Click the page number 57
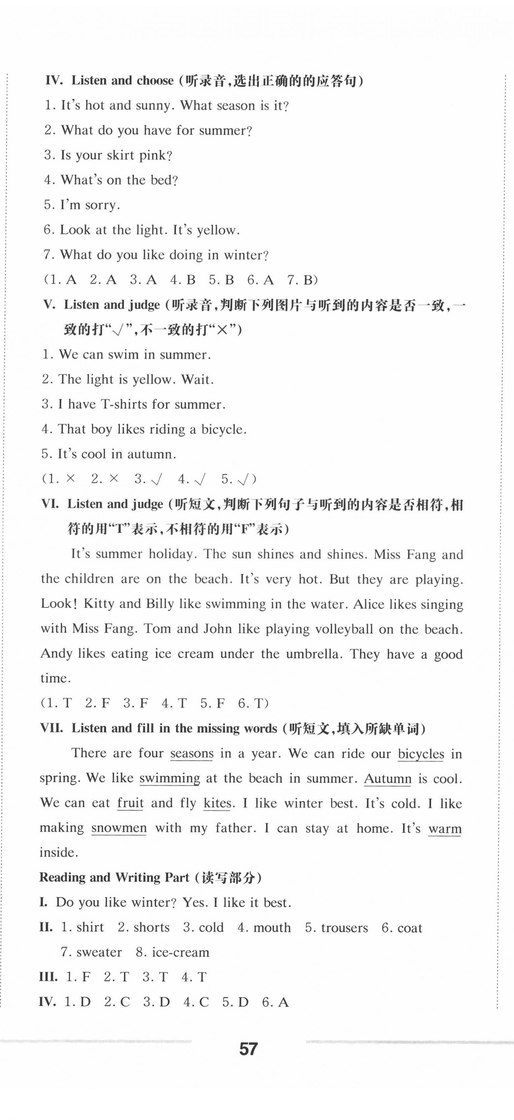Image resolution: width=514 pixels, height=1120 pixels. tap(248, 1049)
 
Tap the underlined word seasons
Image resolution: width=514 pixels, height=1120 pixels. tap(192, 754)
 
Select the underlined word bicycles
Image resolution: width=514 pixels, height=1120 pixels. tap(421, 754)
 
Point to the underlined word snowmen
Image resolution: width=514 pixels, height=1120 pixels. tap(119, 828)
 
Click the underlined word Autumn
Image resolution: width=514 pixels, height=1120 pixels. tap(387, 778)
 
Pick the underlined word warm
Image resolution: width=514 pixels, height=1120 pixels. tap(445, 829)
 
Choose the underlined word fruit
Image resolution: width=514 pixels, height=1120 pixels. tap(130, 803)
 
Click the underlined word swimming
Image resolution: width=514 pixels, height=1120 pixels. tap(170, 778)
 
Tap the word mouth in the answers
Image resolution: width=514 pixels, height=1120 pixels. tap(272, 928)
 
